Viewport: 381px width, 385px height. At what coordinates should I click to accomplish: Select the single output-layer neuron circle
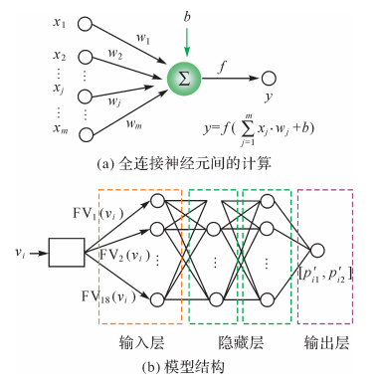coord(318,251)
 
